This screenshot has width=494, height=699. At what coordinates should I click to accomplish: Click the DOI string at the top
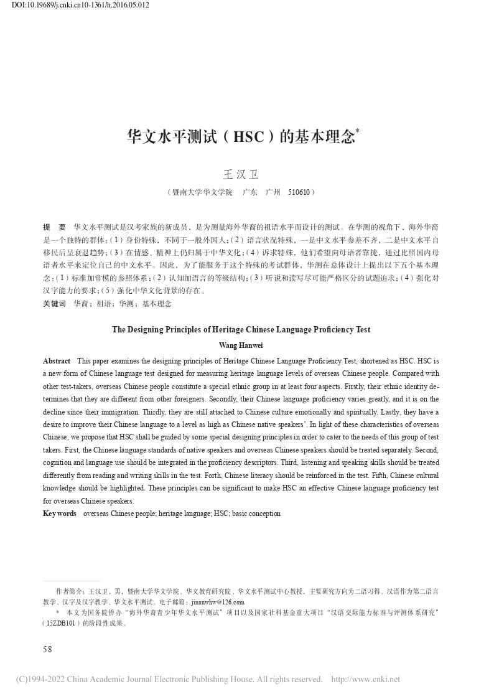[x=80, y=6]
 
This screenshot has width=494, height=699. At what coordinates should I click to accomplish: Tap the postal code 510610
[x=301, y=193]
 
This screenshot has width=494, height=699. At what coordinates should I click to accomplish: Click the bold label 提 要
[x=54, y=227]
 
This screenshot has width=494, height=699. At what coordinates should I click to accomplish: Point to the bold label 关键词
[x=54, y=304]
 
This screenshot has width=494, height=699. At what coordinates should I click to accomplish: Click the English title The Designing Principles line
[x=241, y=330]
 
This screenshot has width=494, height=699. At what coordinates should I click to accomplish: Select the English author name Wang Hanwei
[x=241, y=345]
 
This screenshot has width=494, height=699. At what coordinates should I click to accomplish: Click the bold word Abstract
[x=57, y=361]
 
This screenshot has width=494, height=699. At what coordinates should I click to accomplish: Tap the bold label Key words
[x=59, y=514]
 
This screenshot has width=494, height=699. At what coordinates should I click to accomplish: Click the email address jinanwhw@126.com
[x=218, y=603]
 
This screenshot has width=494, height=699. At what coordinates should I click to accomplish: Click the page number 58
[x=47, y=649]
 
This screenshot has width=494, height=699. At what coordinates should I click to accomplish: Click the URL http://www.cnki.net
[x=366, y=680]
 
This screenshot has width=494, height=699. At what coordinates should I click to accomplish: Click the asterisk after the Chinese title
[x=358, y=131]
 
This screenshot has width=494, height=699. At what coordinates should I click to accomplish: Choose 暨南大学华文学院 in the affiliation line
[x=203, y=193]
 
